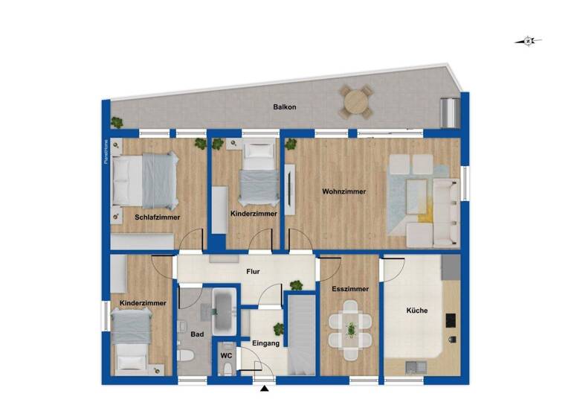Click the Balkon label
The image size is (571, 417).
click(285, 107)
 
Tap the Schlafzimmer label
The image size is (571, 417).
click(157, 217)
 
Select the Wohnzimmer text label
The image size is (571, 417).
click(343, 192)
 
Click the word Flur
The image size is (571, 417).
click(253, 272)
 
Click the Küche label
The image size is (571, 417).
click(416, 311)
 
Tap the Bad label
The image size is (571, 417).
click(196, 335)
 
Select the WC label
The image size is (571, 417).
click(227, 356)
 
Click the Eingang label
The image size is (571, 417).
click(265, 343)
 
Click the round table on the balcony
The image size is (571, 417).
click(357, 101)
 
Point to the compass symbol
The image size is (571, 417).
click(528, 41)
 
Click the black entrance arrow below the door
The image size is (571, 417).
click(264, 388)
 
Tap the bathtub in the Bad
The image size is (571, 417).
click(224, 311)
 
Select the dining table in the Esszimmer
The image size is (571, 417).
click(349, 328)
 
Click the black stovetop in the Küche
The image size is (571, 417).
click(450, 320)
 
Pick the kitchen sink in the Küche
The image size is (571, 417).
click(415, 366)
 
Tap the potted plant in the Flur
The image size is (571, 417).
click(296, 284)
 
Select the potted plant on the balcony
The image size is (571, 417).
click(116, 122)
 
